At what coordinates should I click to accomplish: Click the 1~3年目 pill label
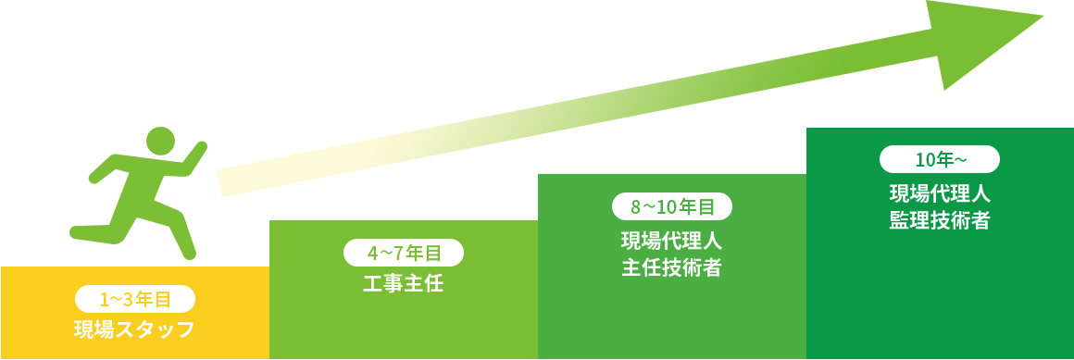pyautogui.click(x=135, y=299)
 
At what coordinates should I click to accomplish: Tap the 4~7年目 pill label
pyautogui.click(x=404, y=253)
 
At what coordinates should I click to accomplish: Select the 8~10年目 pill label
pyautogui.click(x=672, y=206)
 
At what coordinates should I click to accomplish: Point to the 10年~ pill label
pyautogui.click(x=940, y=159)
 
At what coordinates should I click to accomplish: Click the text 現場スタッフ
pyautogui.click(x=134, y=329)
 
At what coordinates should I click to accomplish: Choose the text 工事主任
pyautogui.click(x=404, y=283)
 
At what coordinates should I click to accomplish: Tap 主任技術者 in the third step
pyautogui.click(x=672, y=267)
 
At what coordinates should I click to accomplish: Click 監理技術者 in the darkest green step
pyautogui.click(x=940, y=221)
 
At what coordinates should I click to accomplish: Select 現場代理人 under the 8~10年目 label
pyautogui.click(x=672, y=242)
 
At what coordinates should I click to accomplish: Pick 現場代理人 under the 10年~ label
pyautogui.click(x=940, y=194)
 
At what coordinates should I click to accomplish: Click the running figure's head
pyautogui.click(x=161, y=141)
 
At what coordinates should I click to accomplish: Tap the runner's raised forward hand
pyautogui.click(x=199, y=148)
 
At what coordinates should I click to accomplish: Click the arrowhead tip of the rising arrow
pyautogui.click(x=1043, y=16)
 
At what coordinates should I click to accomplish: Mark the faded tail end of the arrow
pyautogui.click(x=219, y=182)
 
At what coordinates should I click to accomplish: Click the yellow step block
pyautogui.click(x=135, y=313)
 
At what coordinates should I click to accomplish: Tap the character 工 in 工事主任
pyautogui.click(x=372, y=283)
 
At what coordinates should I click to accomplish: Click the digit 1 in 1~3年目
pyautogui.click(x=104, y=300)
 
